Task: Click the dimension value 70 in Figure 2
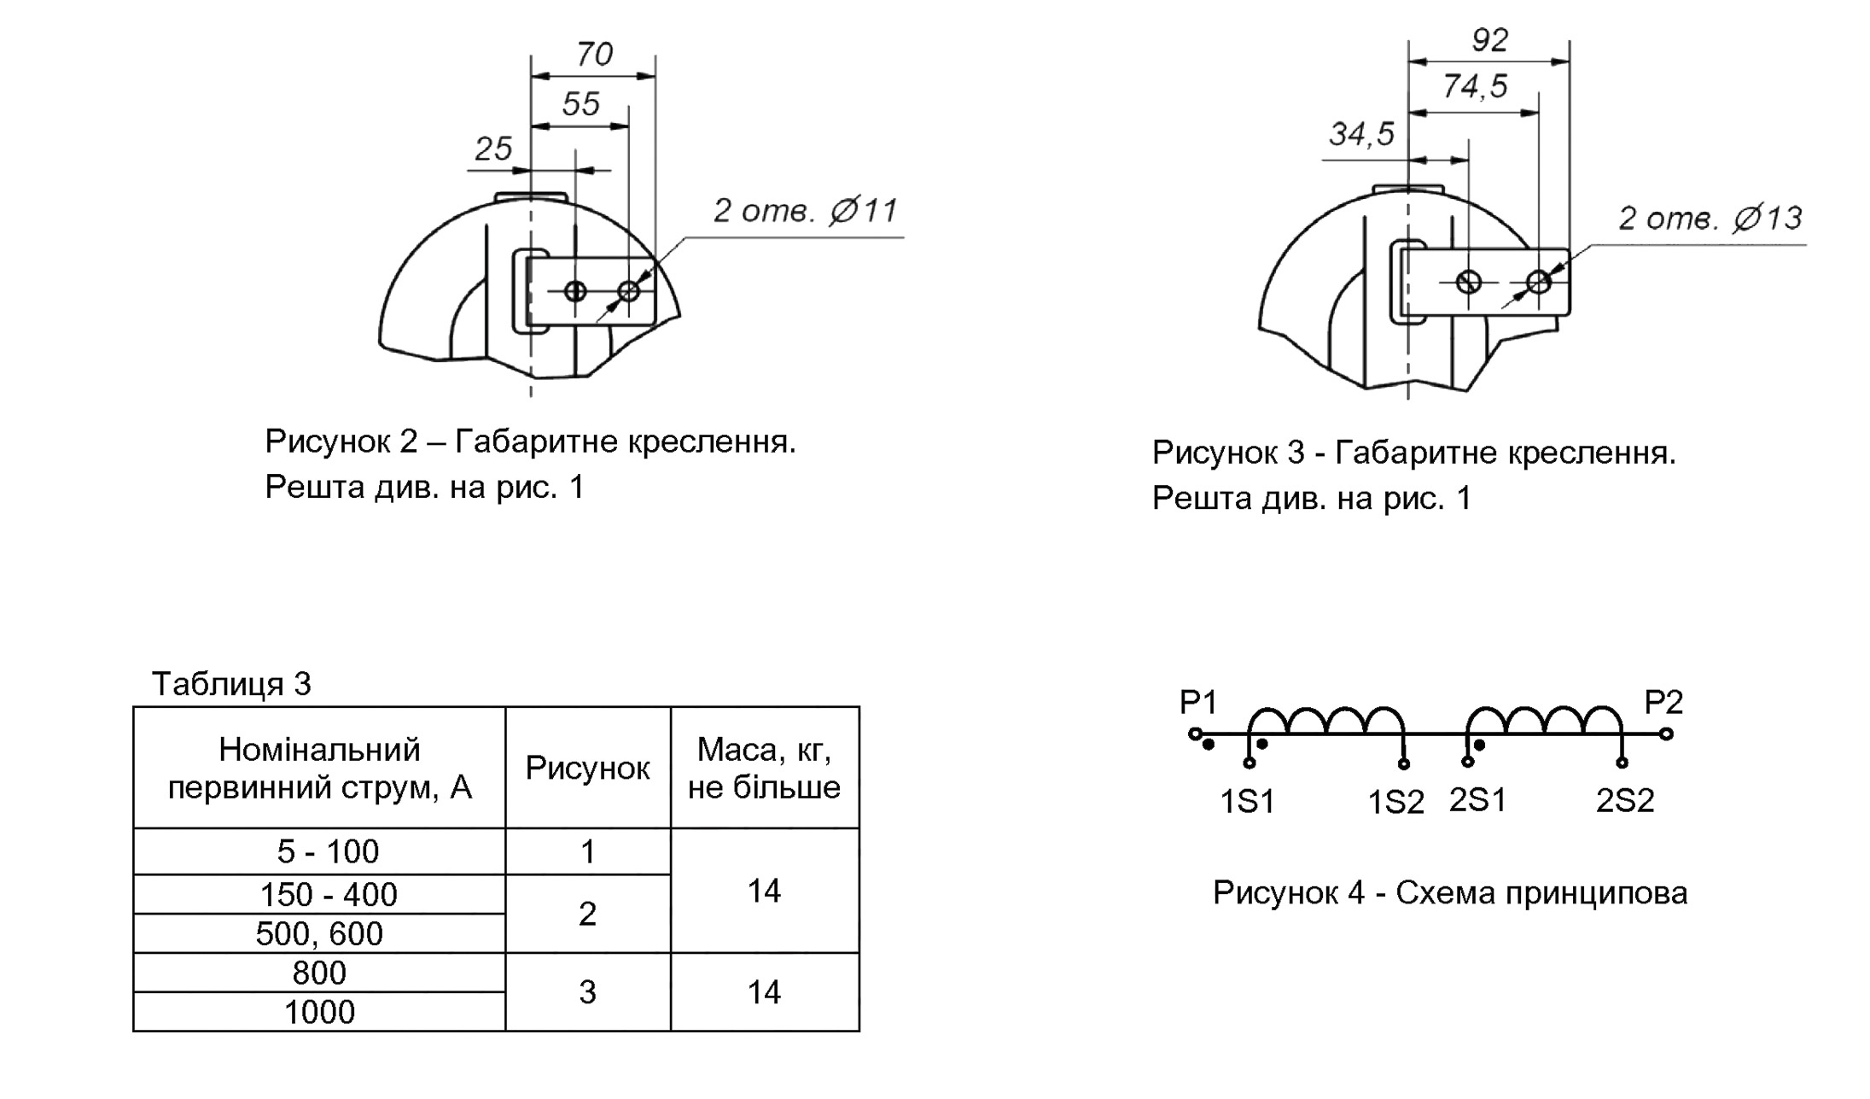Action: coord(594,55)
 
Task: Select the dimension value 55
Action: coord(581,104)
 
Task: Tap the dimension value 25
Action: coord(493,149)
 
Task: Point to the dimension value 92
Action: coord(1490,40)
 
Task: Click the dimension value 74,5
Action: coord(1476,86)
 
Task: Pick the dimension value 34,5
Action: coord(1362,134)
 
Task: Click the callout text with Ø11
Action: coord(806,210)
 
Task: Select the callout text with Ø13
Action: coord(1710,219)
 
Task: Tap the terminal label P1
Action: coord(1198,702)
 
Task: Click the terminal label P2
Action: coord(1663,702)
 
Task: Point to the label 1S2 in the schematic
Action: coord(1396,802)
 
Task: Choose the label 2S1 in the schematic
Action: coord(1478,800)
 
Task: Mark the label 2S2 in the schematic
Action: coord(1625,800)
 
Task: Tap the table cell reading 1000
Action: coord(319,1012)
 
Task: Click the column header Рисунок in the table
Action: coord(587,768)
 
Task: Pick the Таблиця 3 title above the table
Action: coord(231,684)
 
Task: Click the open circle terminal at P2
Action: coord(1667,734)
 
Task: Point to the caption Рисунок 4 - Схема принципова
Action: coord(1450,893)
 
